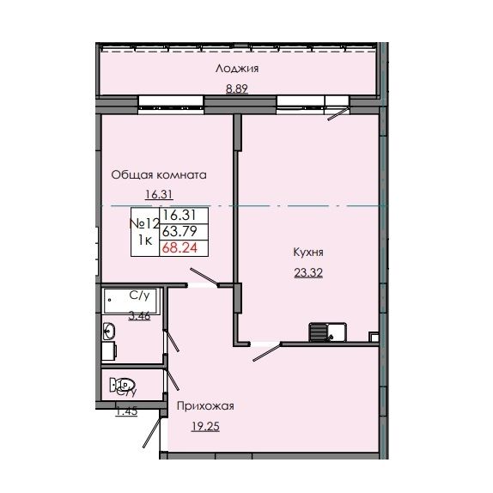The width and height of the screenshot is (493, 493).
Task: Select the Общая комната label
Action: pos(158,174)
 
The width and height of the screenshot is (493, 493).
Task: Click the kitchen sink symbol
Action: pos(324,330)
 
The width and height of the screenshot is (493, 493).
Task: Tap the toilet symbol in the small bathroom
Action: pos(125,385)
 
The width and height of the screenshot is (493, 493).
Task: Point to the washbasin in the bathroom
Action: pos(109,332)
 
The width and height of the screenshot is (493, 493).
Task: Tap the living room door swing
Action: pos(204,277)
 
